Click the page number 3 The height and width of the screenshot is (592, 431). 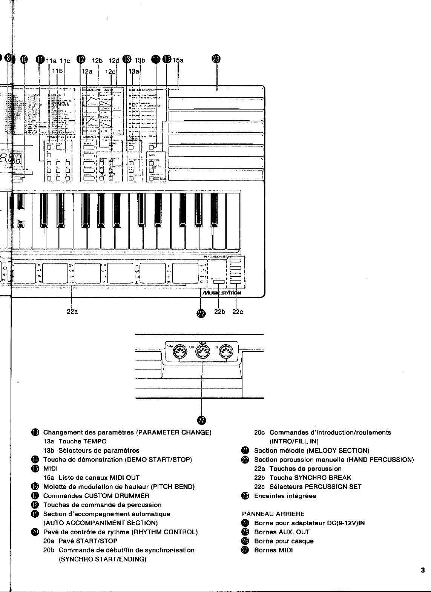423,571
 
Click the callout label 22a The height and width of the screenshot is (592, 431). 72,311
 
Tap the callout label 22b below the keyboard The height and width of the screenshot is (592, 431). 219,311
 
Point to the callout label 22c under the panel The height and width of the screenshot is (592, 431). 238,311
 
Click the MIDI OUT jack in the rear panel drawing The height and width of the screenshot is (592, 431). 202,352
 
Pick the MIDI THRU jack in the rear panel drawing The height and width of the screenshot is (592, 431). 179,352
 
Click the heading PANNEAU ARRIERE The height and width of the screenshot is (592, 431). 273,514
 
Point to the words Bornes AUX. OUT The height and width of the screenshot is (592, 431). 282,532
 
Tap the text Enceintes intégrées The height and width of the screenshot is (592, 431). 285,496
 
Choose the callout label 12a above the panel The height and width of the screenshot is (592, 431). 87,71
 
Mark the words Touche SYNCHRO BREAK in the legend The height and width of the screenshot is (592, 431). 310,478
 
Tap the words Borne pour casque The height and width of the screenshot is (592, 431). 284,541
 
